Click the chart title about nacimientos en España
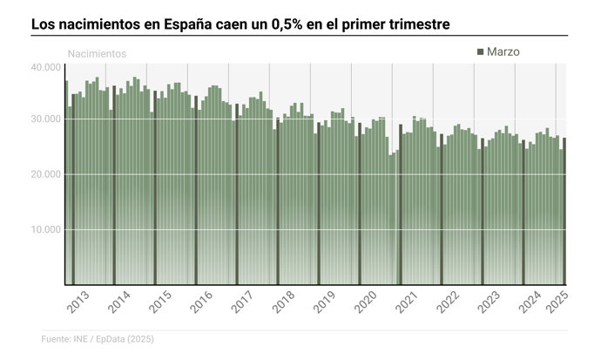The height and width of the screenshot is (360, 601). click(x=240, y=24)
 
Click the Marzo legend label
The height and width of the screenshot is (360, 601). click(x=503, y=52)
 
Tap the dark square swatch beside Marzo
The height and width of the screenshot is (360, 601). click(x=480, y=52)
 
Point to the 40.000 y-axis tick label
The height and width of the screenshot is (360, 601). click(x=45, y=67)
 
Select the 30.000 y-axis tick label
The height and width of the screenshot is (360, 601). click(x=45, y=119)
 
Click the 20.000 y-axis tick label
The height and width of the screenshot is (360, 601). click(x=45, y=174)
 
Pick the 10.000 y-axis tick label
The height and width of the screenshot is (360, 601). click(x=45, y=229)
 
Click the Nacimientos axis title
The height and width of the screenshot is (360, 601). click(x=97, y=54)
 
